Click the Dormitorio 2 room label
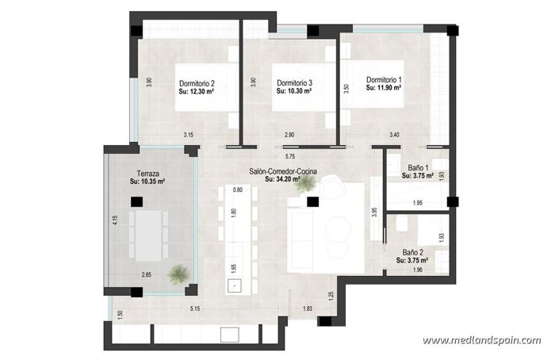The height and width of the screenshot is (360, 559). [x=197, y=83]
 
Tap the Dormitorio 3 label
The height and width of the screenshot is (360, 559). [x=294, y=83]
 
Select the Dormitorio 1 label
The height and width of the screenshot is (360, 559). [x=384, y=80]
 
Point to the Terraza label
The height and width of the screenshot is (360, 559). [x=147, y=174]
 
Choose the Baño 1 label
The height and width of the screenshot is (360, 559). [x=419, y=168]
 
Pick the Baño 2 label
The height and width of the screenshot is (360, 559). [x=413, y=251]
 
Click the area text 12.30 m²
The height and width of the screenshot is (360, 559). [x=201, y=92]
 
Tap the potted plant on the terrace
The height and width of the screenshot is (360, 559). [x=178, y=274]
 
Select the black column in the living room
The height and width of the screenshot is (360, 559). [x=313, y=201]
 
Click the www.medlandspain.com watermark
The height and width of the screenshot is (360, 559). [x=481, y=341]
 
